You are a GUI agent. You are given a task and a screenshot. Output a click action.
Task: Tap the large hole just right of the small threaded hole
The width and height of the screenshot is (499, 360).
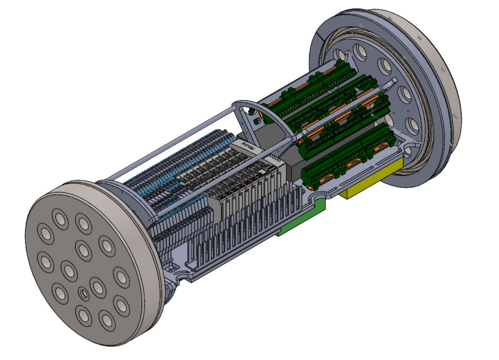[x=98, y=287]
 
